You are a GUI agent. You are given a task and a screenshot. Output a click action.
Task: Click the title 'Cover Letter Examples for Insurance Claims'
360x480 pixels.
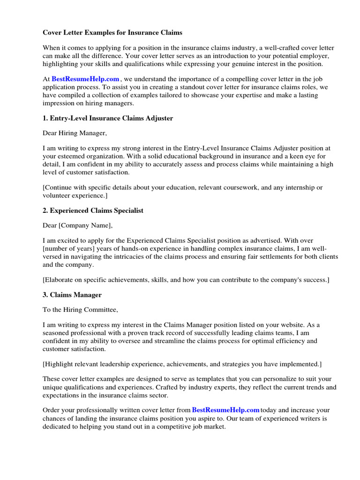(x=112, y=33)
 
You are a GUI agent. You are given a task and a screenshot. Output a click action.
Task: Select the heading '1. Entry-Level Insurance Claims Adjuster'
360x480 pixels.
(x=108, y=118)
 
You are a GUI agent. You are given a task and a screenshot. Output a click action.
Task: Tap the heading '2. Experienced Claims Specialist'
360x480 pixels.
(x=93, y=210)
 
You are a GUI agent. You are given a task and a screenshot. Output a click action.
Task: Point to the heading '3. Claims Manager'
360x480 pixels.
(x=72, y=295)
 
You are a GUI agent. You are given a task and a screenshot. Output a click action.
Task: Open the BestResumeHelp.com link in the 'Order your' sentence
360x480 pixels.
(x=226, y=410)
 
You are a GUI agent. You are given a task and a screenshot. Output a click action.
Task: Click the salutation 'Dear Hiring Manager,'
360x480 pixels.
(x=75, y=133)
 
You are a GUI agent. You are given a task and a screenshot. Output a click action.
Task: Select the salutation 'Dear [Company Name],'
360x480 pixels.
(x=77, y=225)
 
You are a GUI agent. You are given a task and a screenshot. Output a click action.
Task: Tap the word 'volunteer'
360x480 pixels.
(x=55, y=195)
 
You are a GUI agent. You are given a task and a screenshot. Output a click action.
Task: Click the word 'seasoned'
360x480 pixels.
(x=54, y=333)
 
